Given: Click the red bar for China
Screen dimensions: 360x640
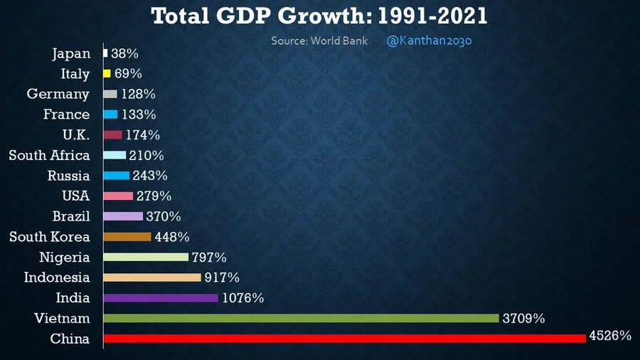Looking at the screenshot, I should (x=344, y=339).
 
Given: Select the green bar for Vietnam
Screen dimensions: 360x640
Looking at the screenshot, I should (x=301, y=318).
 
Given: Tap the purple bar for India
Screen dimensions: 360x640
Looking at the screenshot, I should (x=161, y=298).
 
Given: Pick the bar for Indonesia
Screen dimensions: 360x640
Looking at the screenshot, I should (x=152, y=277).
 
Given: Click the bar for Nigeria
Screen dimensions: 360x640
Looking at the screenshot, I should (x=146, y=257).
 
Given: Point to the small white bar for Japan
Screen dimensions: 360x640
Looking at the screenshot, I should (x=105, y=53).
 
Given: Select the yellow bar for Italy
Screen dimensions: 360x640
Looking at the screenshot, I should (x=107, y=73).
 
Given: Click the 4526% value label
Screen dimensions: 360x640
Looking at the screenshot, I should (x=610, y=335).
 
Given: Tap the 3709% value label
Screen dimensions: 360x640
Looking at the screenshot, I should (x=523, y=319).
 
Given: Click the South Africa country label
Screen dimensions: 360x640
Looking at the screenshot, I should (x=49, y=155).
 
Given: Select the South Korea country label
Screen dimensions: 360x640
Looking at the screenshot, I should (x=49, y=237).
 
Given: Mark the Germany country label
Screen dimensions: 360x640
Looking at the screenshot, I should (x=58, y=94).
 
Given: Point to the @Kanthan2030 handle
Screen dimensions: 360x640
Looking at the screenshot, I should (x=429, y=41).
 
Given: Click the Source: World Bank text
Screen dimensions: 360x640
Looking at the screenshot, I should (x=319, y=41).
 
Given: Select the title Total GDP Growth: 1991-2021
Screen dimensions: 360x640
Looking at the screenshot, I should (x=319, y=16).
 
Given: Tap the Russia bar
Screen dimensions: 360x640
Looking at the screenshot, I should (x=117, y=176).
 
